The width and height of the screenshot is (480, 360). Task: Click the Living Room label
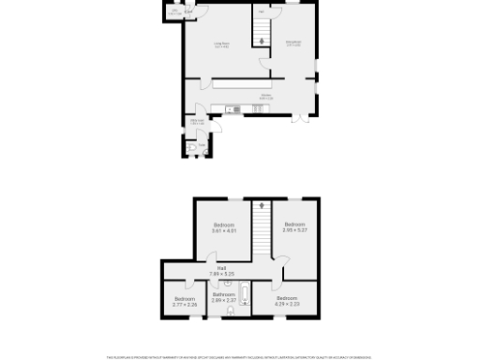coord(221,45)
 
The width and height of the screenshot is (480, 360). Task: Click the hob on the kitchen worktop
coord(259,110)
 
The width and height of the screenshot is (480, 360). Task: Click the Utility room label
coord(198,122)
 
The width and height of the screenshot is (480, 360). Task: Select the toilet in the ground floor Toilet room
coord(190,148)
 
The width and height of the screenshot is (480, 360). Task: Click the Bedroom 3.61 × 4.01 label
coord(223,228)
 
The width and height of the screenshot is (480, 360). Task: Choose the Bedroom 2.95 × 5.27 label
coord(294,227)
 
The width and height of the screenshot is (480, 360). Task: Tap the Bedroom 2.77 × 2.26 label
coord(185,302)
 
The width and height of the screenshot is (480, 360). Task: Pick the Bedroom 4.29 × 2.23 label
coord(287,301)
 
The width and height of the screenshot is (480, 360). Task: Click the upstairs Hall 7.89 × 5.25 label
coord(222,272)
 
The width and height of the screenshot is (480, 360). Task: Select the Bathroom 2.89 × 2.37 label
coord(223,297)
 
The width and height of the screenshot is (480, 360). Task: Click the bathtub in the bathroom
coord(245,295)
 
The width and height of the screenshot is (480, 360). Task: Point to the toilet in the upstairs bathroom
coord(231,311)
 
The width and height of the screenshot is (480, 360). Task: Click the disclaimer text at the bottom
coord(239,356)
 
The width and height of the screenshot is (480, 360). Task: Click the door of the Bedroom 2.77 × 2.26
coord(187,282)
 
